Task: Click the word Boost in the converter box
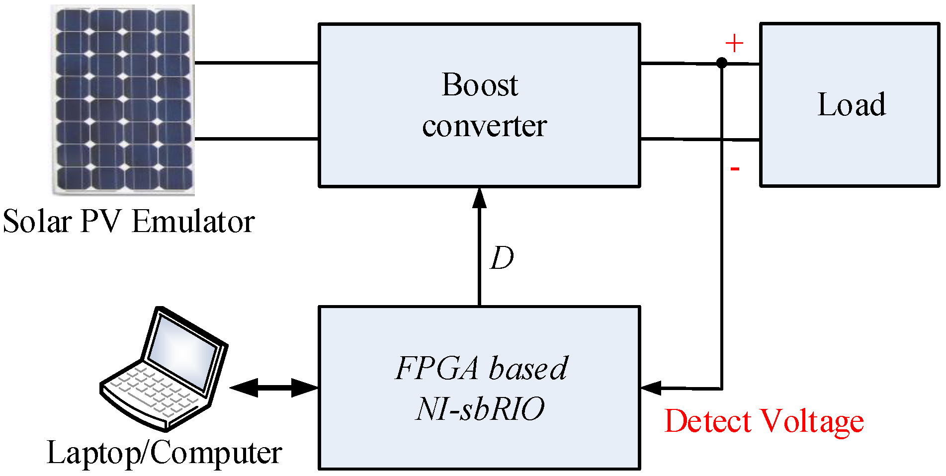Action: pos(480,85)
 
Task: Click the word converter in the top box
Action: pos(484,126)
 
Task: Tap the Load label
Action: pos(852,105)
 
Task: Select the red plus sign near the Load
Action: pos(734,44)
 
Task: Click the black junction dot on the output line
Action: pos(722,63)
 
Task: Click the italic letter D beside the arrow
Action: pos(502,258)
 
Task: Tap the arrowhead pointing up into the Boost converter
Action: pos(479,198)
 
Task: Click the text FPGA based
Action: pos(481,368)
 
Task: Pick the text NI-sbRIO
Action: pos(480,409)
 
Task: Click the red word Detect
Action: pos(707,421)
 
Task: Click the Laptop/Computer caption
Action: pos(164,453)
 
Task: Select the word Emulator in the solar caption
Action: pos(193,222)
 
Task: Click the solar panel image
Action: pos(123,99)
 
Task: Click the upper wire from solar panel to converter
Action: pos(256,63)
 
